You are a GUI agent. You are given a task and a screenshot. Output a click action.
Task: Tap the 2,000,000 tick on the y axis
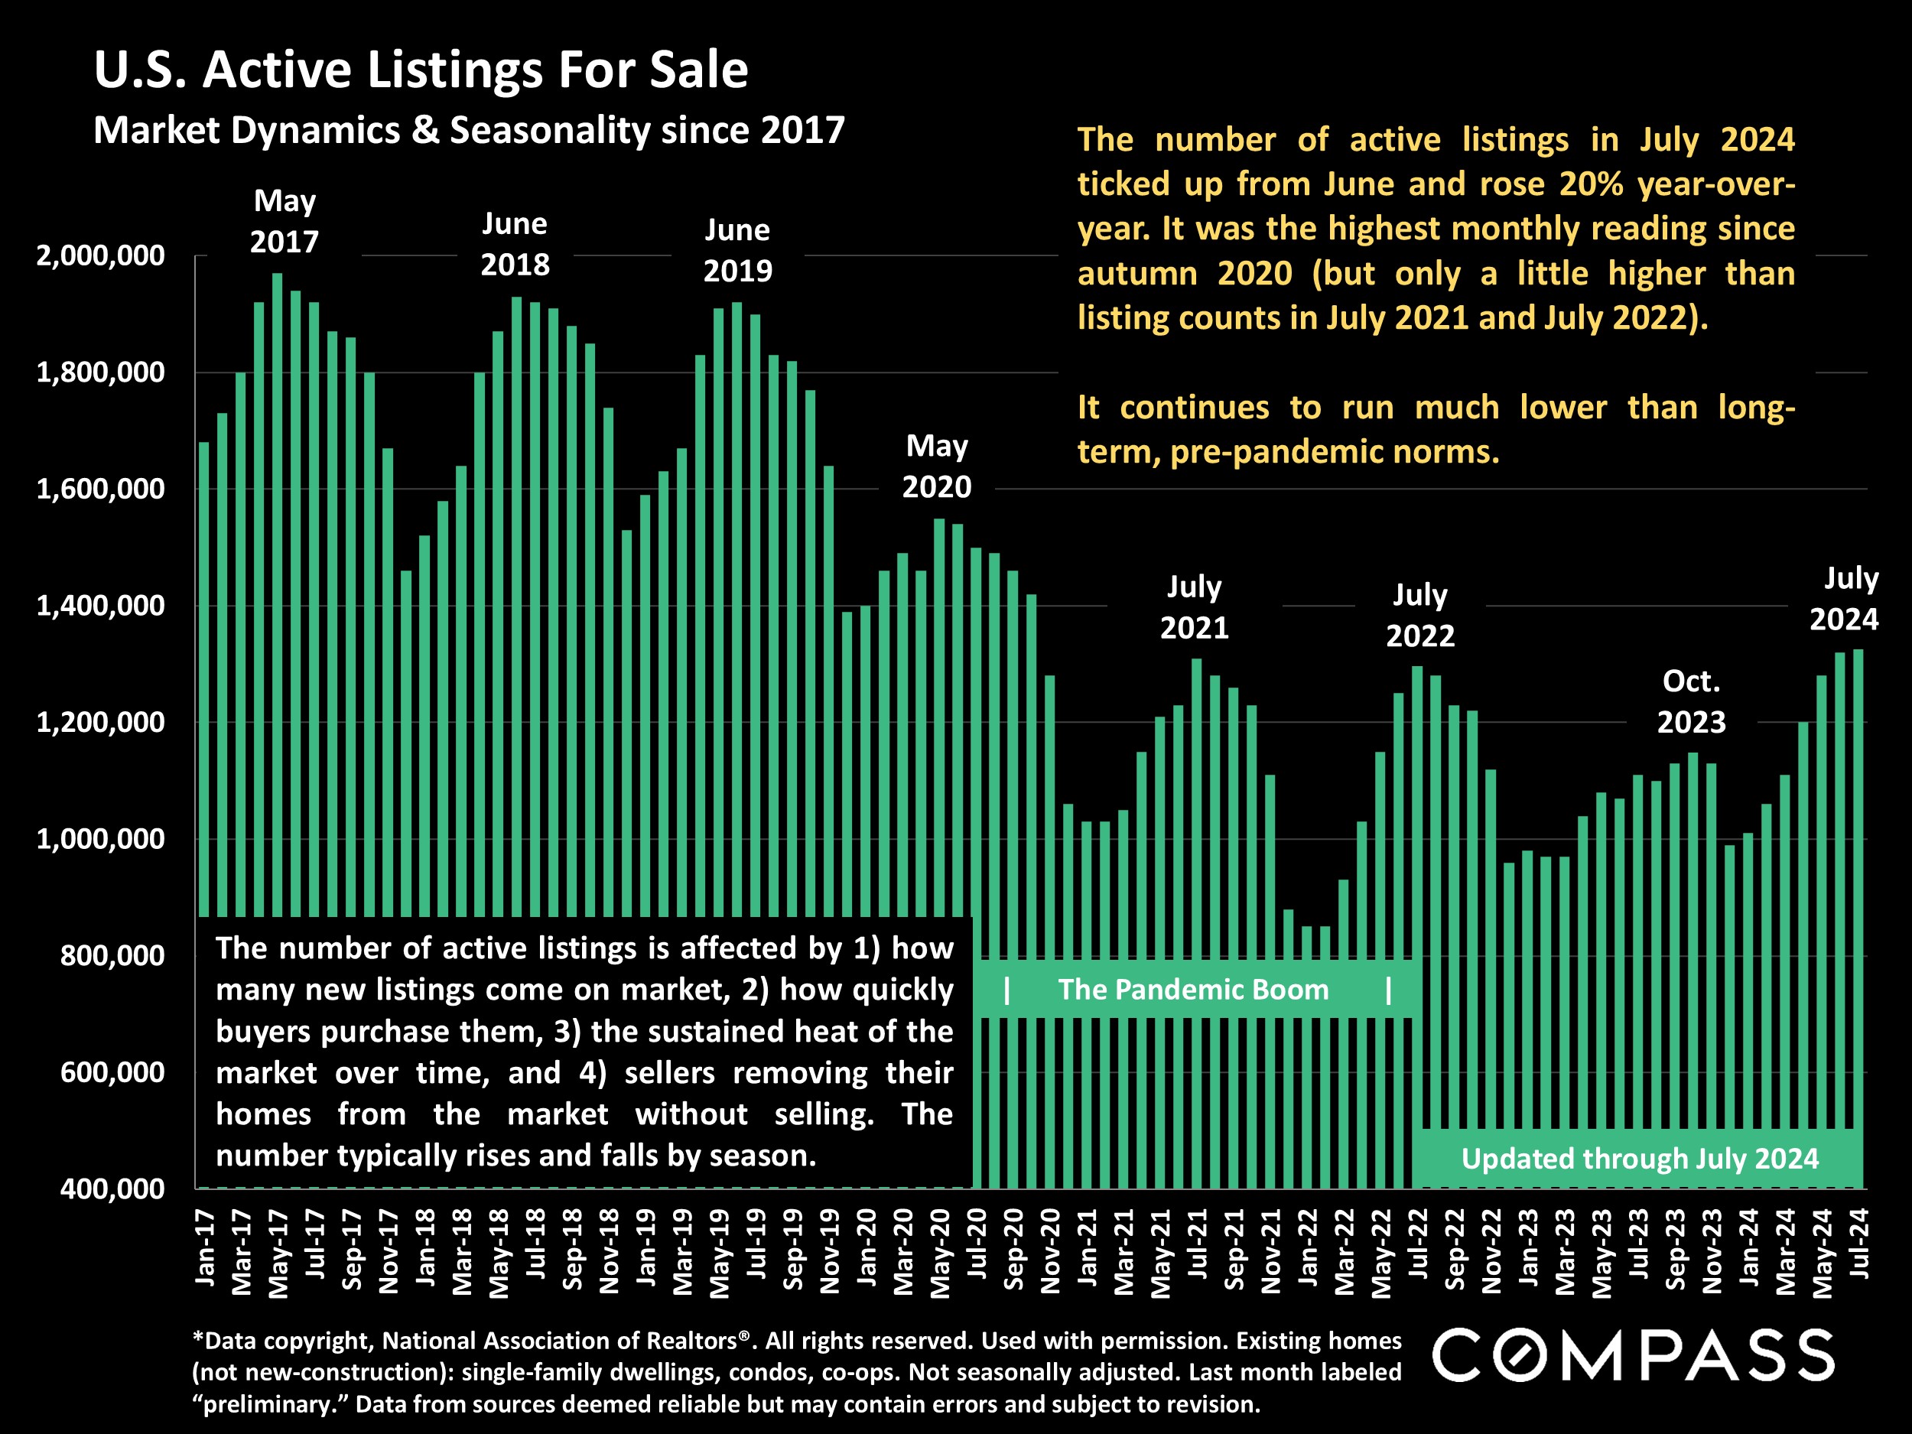tap(100, 256)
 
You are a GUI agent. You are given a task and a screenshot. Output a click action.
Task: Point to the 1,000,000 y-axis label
tap(100, 838)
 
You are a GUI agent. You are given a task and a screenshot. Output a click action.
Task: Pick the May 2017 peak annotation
tap(285, 221)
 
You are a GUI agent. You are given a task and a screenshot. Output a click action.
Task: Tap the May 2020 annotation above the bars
tap(937, 467)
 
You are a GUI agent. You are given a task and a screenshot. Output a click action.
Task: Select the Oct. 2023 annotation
tap(1691, 702)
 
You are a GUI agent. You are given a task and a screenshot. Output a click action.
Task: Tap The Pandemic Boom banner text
tap(1193, 990)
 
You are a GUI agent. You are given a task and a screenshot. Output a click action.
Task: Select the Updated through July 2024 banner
tap(1639, 1158)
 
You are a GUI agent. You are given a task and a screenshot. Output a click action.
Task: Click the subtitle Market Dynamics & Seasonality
tap(469, 131)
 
